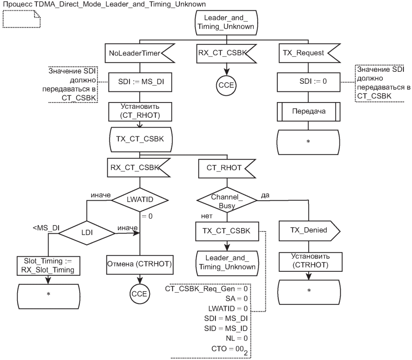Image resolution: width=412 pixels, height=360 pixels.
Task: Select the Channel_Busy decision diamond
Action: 227,201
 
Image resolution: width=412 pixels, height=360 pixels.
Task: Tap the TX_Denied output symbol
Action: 308,231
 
